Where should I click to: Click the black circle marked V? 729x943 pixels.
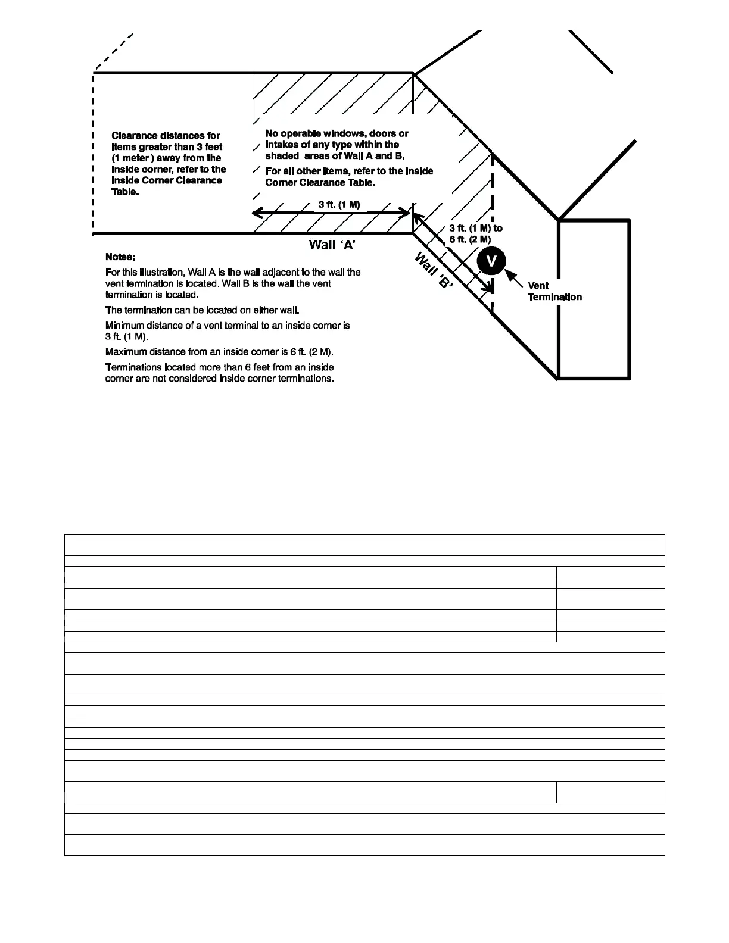[491, 261]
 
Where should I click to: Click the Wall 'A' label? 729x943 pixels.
[332, 245]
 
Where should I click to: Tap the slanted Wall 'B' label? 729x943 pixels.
[433, 270]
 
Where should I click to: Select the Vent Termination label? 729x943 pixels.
[554, 291]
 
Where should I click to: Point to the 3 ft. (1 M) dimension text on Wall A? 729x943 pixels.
[339, 204]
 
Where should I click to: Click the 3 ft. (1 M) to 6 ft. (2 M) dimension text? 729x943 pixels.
[475, 233]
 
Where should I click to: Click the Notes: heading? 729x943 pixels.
[120, 257]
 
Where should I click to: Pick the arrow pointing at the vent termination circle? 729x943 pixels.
[513, 278]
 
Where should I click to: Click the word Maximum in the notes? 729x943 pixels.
[126, 352]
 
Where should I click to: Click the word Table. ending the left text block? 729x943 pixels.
[125, 192]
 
